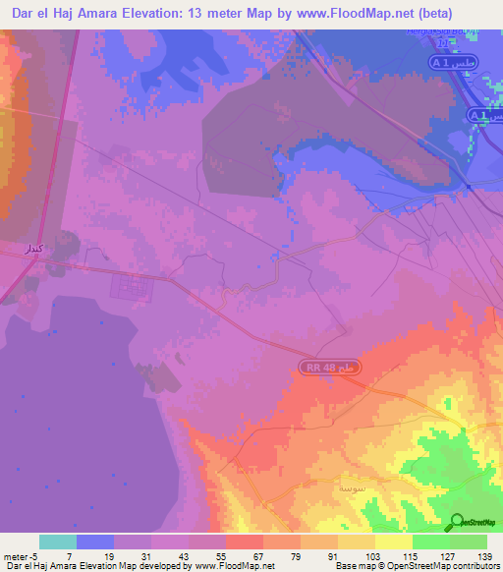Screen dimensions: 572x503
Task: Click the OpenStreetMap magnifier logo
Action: pos(457,523)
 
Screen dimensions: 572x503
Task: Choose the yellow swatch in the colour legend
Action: pos(393,542)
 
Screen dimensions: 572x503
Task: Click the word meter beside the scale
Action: pos(15,556)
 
